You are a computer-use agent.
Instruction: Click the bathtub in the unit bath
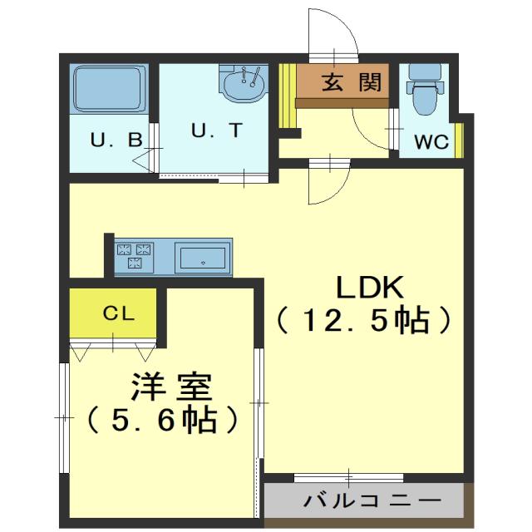click(110, 90)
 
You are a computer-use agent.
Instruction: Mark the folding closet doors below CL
click(112, 347)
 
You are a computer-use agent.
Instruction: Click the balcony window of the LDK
click(349, 478)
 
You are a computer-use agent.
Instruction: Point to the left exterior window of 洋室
click(64, 416)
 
